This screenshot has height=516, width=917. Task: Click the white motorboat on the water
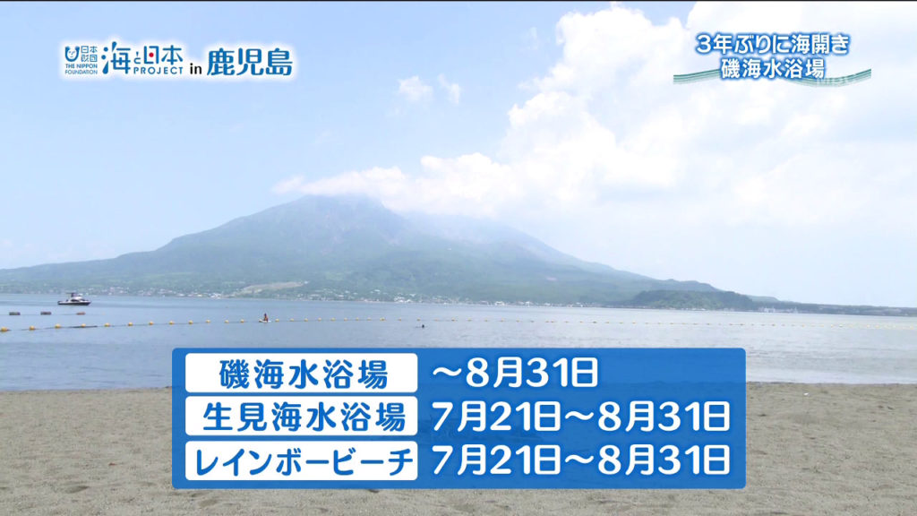pyautogui.click(x=73, y=299)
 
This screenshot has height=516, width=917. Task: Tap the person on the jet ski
pyautogui.click(x=263, y=317)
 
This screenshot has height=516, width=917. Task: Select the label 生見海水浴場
pyautogui.click(x=302, y=417)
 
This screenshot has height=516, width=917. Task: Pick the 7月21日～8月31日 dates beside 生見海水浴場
pyautogui.click(x=580, y=417)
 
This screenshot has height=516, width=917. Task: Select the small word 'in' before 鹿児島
pyautogui.click(x=195, y=67)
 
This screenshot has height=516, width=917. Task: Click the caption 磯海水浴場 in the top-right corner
pyautogui.click(x=772, y=67)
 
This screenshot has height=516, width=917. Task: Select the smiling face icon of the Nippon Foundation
pyautogui.click(x=72, y=53)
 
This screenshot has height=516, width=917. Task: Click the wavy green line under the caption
pyautogui.click(x=772, y=81)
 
